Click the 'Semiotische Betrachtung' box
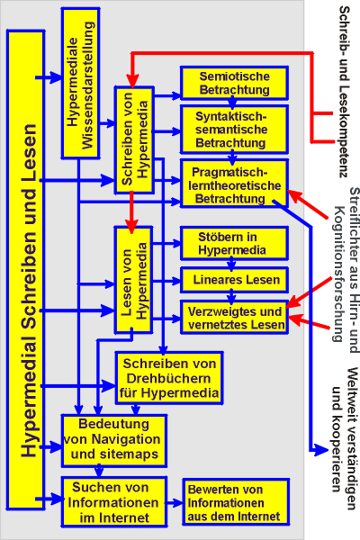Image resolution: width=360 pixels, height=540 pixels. click(x=234, y=83)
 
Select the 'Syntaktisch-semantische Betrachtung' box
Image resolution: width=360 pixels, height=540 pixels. click(x=234, y=130)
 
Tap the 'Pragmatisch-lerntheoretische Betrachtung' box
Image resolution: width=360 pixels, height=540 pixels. click(x=234, y=184)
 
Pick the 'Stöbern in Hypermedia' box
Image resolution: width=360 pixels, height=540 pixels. click(x=234, y=243)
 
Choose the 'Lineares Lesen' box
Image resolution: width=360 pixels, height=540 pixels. click(x=234, y=280)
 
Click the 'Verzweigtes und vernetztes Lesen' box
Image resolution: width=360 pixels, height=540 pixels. click(x=234, y=318)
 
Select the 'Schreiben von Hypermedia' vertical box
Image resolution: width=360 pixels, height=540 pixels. click(x=134, y=139)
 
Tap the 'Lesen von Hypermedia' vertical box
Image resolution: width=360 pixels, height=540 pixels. click(x=134, y=280)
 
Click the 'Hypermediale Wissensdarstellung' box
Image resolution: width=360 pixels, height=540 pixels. click(x=81, y=83)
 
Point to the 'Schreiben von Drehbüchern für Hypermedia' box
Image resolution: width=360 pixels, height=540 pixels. click(x=169, y=378)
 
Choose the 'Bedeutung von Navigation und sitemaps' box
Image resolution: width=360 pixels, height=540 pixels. click(x=114, y=441)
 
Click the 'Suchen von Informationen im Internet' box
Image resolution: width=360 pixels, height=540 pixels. click(x=114, y=502)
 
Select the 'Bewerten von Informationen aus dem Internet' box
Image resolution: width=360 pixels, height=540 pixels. click(x=236, y=502)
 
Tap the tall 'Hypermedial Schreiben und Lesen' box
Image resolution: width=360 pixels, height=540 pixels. click(x=26, y=270)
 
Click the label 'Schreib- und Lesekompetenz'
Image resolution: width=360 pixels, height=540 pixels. click(x=345, y=91)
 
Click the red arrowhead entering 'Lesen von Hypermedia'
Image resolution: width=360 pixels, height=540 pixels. click(x=131, y=227)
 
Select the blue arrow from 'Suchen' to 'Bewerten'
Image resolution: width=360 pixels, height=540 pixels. click(x=175, y=503)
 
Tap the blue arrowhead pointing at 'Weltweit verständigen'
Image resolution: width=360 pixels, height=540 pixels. click(x=321, y=449)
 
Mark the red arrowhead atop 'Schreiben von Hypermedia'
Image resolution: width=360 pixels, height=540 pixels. click(x=132, y=81)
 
